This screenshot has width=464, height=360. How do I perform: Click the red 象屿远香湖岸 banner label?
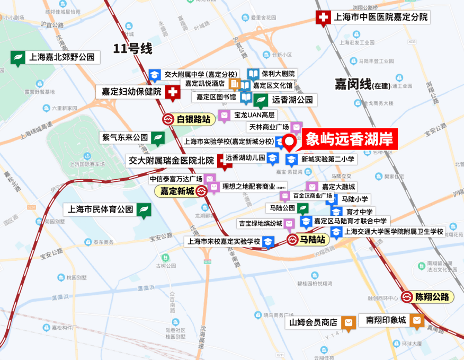pos(349,139)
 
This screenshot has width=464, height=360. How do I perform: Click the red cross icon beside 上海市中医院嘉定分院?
pos(322,17)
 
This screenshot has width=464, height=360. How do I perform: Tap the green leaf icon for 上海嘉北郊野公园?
pos(18,57)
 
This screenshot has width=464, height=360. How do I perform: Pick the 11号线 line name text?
pos(132,49)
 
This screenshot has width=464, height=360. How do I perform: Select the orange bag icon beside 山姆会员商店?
pos(348,322)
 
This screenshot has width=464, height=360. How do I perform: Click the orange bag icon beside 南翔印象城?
pos(417,320)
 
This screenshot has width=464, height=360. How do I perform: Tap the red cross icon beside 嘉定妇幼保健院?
pos(172,92)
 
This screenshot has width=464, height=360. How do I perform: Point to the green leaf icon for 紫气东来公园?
pos(158,138)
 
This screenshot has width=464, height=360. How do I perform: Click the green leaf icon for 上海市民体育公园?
pos(143,209)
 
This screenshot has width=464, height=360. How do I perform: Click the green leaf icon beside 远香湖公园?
pos(261,100)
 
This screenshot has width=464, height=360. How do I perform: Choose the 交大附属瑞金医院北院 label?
pos(171,160)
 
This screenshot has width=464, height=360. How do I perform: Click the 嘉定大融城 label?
pos(338,187)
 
